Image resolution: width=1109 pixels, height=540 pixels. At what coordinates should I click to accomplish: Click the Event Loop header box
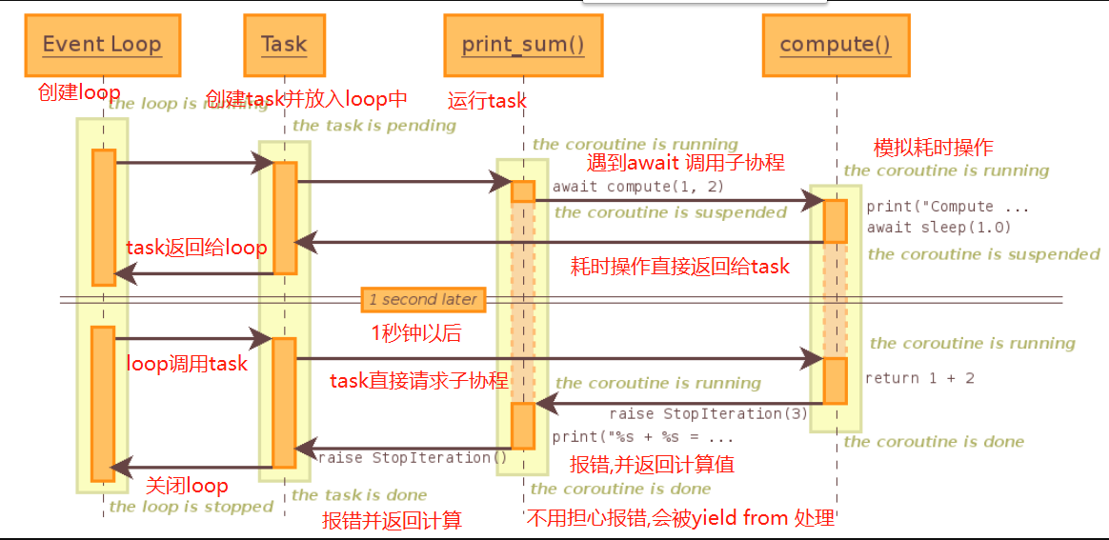102,45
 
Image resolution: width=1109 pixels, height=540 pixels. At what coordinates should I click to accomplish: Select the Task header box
284,45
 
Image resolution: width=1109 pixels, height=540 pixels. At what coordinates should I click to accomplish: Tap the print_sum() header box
522,45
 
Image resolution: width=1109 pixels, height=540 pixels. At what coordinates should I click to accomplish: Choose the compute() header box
836,45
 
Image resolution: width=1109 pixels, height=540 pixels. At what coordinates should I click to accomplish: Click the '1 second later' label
423,299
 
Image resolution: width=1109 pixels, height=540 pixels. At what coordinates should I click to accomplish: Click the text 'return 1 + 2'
919,378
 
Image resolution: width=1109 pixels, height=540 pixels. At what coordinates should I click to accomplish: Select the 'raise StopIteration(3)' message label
708,413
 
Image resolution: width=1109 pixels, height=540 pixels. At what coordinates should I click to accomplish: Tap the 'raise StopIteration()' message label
413,457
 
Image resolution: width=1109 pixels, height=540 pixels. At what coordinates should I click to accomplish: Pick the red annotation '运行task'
487,101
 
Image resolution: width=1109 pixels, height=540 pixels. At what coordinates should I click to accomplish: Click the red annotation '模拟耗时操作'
933,148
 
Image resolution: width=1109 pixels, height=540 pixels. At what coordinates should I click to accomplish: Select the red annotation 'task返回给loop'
196,248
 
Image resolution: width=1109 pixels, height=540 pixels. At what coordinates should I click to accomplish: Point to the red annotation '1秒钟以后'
416,332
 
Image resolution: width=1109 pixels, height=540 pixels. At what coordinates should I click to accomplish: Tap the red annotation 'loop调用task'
187,363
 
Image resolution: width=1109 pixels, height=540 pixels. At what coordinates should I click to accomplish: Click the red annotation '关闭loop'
187,486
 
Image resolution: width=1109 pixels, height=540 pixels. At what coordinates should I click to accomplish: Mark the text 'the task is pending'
374,126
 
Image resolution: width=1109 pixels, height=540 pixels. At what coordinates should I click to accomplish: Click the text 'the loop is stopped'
192,507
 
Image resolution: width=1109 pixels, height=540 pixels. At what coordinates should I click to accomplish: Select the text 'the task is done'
359,494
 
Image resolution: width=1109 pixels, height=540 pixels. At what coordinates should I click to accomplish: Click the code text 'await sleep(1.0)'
938,227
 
